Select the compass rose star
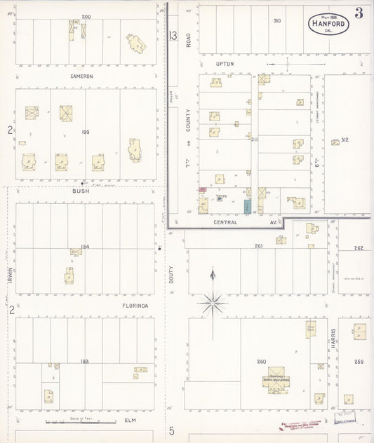point(213,303)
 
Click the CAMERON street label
point(81,76)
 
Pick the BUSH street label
point(81,190)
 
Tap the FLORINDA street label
point(85,306)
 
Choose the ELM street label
point(129,420)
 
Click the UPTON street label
point(225,63)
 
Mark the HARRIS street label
point(334,339)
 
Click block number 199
point(86,131)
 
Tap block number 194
point(86,246)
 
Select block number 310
point(276,21)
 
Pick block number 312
point(345,140)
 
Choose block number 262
point(359,247)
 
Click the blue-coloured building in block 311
point(247,207)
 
